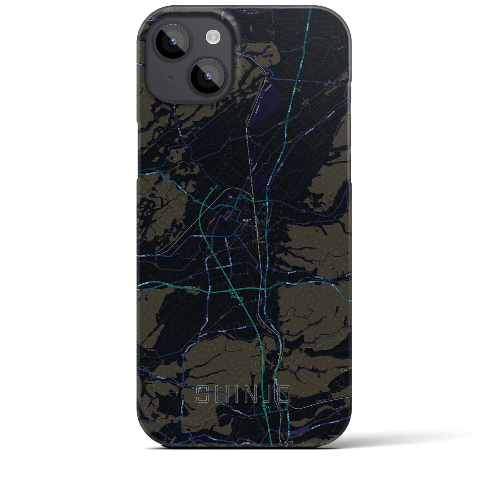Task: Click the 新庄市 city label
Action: click(247, 220)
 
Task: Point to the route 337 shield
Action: click(268, 190)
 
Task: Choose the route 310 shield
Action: click(274, 270)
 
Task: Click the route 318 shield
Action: click(190, 277)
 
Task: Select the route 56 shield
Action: click(286, 409)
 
